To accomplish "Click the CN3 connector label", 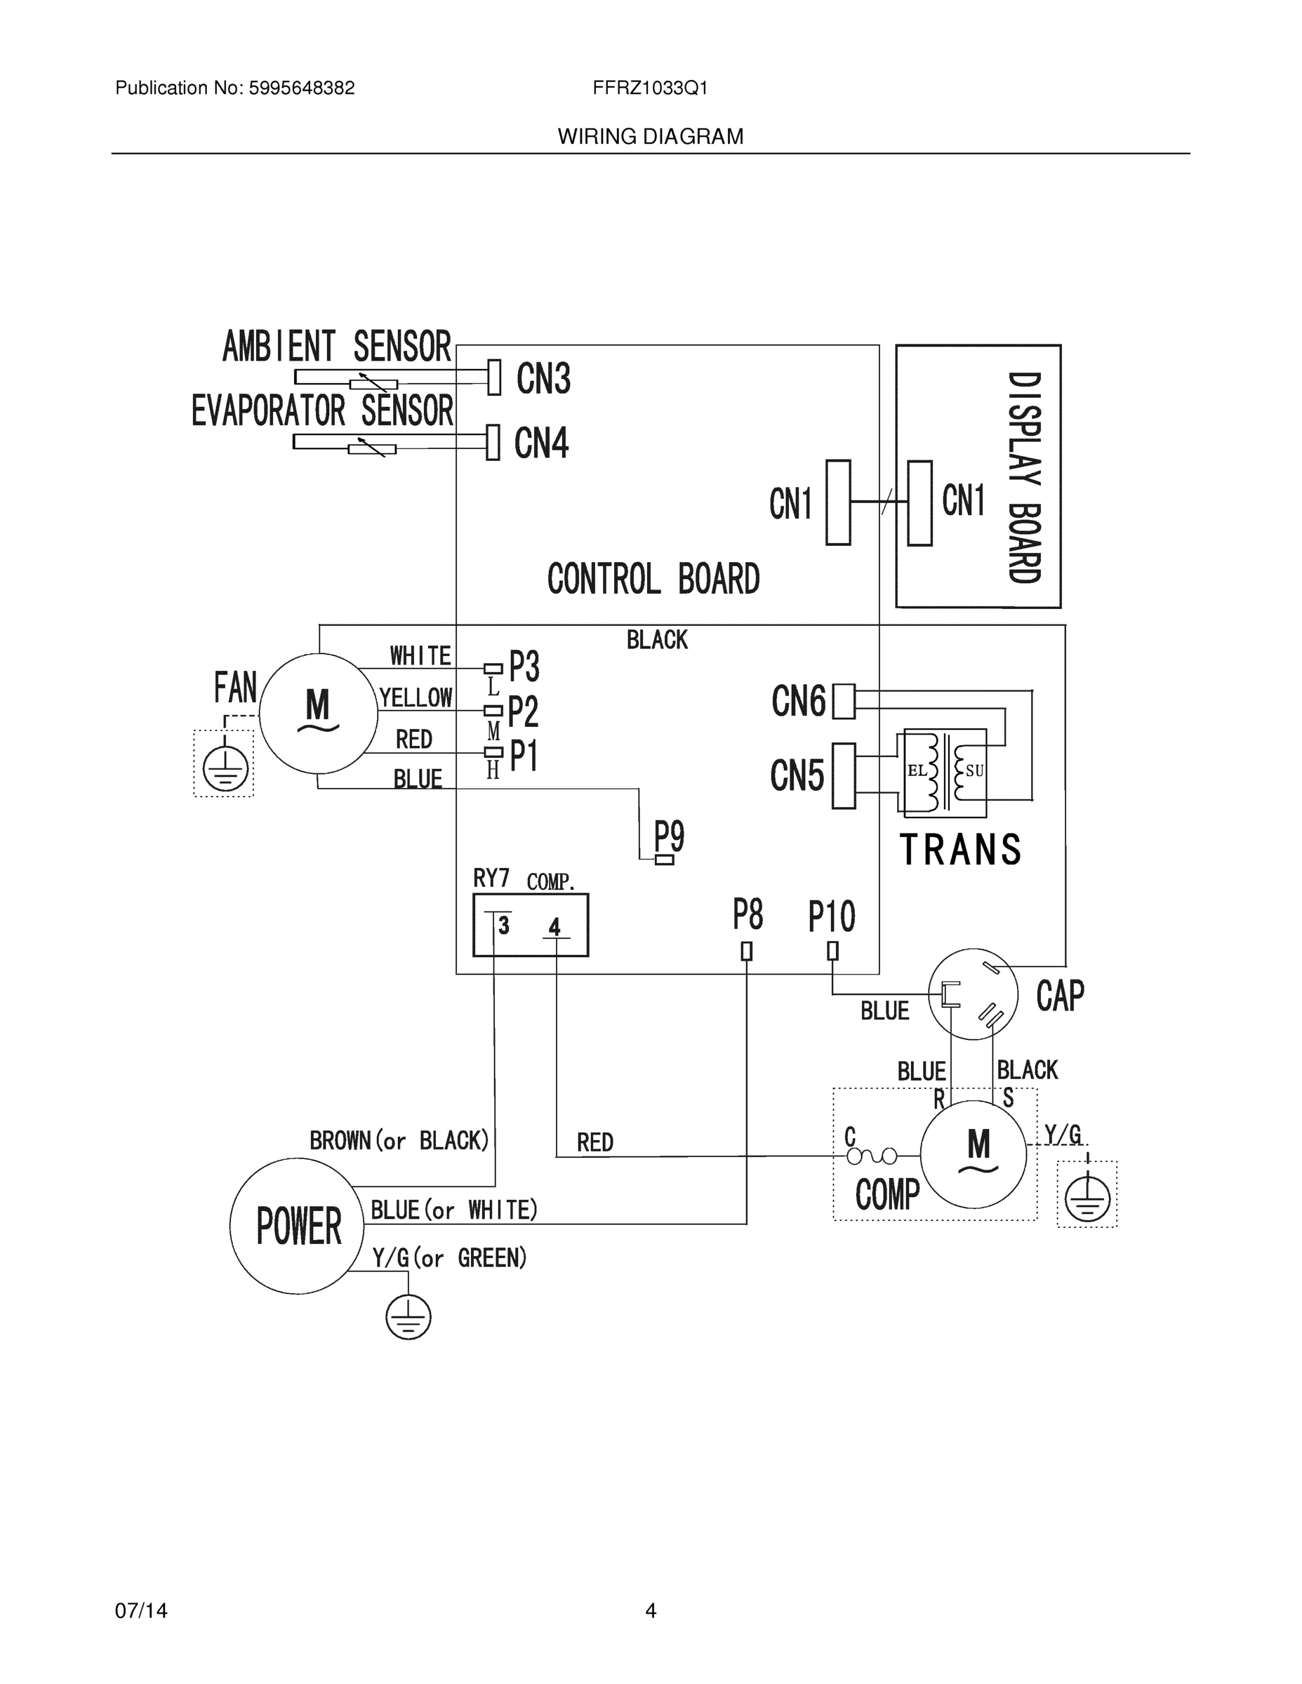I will (x=543, y=379).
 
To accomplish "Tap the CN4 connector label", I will (x=541, y=443).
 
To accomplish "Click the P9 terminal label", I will (x=669, y=835).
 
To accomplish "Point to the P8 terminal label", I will (x=748, y=915).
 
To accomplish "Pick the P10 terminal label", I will (x=832, y=917).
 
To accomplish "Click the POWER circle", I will (x=298, y=1226).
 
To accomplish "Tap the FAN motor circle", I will (x=318, y=713).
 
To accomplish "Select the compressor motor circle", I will (x=974, y=1154).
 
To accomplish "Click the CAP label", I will (x=1060, y=996).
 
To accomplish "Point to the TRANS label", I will (x=960, y=850).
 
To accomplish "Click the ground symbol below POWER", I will (x=408, y=1317).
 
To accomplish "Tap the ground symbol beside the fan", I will (x=225, y=769).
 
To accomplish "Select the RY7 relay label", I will (x=491, y=878).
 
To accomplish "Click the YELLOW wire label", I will (x=416, y=698).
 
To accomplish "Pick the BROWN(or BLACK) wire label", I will (x=399, y=1140).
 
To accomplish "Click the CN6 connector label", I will (x=798, y=702).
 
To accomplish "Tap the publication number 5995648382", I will (x=301, y=88).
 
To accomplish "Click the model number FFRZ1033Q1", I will (x=650, y=88).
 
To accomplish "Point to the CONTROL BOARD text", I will (x=653, y=579).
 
